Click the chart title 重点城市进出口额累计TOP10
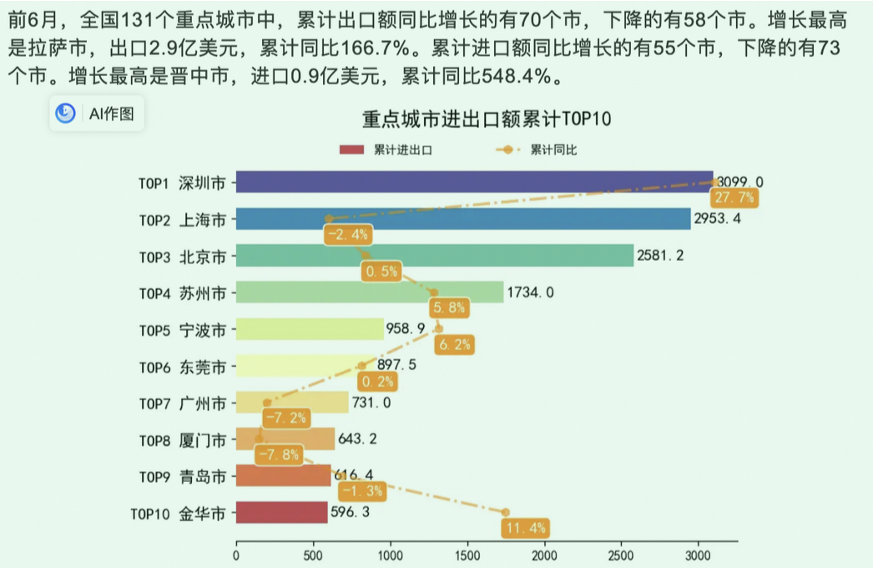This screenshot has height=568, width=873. (x=486, y=119)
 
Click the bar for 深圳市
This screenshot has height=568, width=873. (x=474, y=182)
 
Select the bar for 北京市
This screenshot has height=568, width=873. (x=434, y=256)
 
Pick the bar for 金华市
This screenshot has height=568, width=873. (x=281, y=512)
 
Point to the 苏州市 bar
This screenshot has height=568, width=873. (x=370, y=292)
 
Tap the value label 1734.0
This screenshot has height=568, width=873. (x=530, y=292)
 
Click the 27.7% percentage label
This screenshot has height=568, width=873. (x=734, y=198)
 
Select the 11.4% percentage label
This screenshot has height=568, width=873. (x=525, y=528)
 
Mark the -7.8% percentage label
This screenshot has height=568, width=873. (x=278, y=455)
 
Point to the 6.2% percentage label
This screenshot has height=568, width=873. (x=454, y=344)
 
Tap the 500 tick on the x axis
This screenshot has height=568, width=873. (x=314, y=555)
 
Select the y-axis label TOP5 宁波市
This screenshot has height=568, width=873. (x=182, y=330)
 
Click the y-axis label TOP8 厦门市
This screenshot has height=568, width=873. (x=182, y=440)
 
